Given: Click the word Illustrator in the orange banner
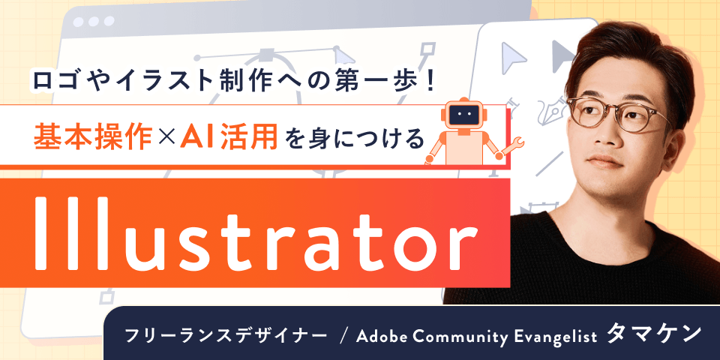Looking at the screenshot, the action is pos(256,234).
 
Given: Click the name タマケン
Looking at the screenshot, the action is pos(653,334).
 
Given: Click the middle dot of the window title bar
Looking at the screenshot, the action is pos(94,21).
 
